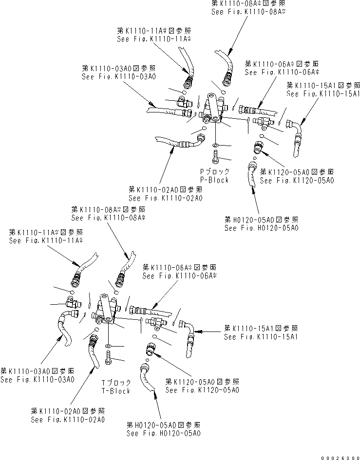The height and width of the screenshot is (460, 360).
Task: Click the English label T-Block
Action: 116,391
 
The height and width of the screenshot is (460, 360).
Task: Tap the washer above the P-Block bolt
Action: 215,145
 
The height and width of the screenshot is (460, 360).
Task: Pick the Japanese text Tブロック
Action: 116,383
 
